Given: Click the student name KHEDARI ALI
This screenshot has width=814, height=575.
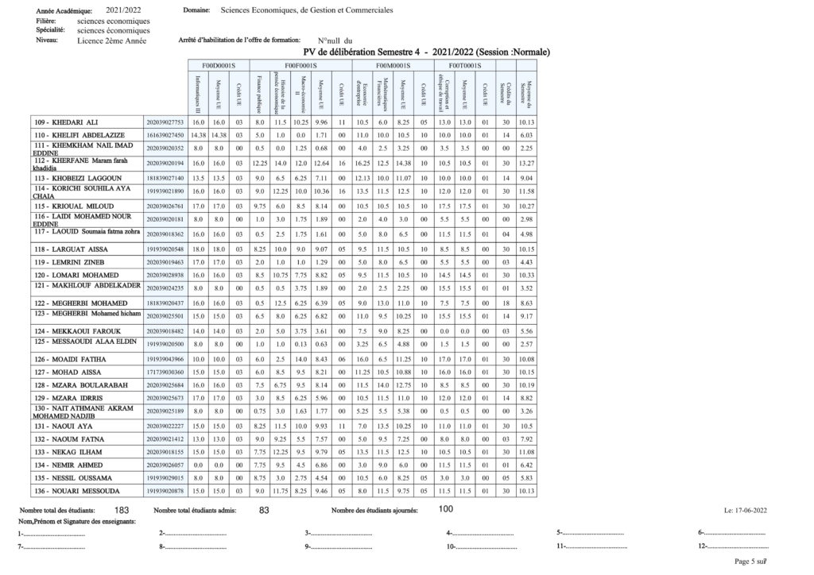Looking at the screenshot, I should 76,122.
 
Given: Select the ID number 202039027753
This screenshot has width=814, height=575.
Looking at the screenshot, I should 165,122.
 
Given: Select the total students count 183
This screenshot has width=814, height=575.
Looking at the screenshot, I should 122,509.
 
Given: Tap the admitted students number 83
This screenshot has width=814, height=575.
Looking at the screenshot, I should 265,509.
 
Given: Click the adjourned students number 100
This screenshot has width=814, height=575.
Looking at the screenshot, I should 446,508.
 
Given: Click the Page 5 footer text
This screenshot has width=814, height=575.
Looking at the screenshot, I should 750,561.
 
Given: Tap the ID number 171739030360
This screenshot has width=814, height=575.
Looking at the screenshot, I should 165,372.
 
